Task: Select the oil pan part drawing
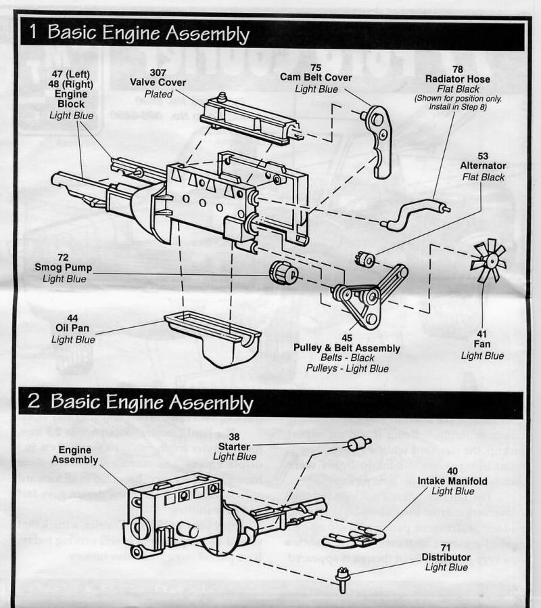[x=213, y=335]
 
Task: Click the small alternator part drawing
[x=365, y=259]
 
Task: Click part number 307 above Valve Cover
[x=158, y=71]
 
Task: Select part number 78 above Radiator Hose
[x=458, y=69]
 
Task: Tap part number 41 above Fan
[x=482, y=334]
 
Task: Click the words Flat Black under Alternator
[x=484, y=177]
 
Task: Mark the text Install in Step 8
[x=458, y=107]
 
